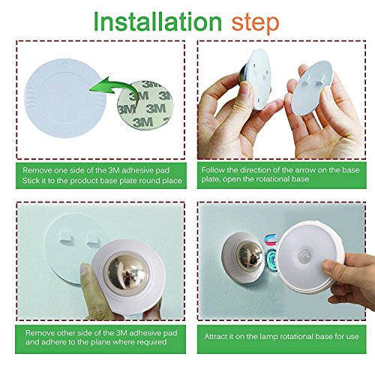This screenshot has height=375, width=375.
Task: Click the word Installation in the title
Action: click(157, 22)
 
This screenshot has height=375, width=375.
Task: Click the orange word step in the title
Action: click(255, 23)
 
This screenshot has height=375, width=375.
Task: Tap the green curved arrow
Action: click(114, 90)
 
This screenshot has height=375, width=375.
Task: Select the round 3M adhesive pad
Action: click(145, 105)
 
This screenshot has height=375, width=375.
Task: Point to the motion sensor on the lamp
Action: click(304, 256)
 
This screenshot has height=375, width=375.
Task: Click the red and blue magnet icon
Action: click(271, 239)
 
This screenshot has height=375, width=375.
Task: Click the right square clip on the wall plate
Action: click(94, 240)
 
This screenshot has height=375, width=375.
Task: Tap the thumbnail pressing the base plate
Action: click(85, 271)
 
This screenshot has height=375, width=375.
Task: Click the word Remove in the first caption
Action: click(36, 170)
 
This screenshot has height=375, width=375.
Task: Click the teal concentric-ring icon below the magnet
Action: click(271, 260)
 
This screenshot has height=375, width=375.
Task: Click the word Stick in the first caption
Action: click(31, 181)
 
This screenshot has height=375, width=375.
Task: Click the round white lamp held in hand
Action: click(309, 257)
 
